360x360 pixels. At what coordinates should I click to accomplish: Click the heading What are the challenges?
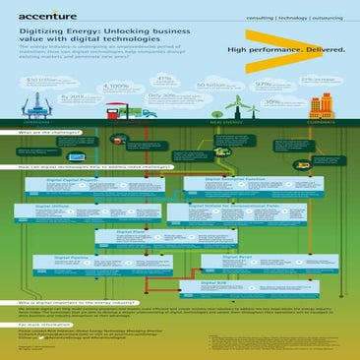click(x=49, y=130)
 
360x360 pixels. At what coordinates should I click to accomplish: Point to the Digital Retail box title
click(x=241, y=255)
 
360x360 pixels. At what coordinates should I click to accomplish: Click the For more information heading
click(x=44, y=323)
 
